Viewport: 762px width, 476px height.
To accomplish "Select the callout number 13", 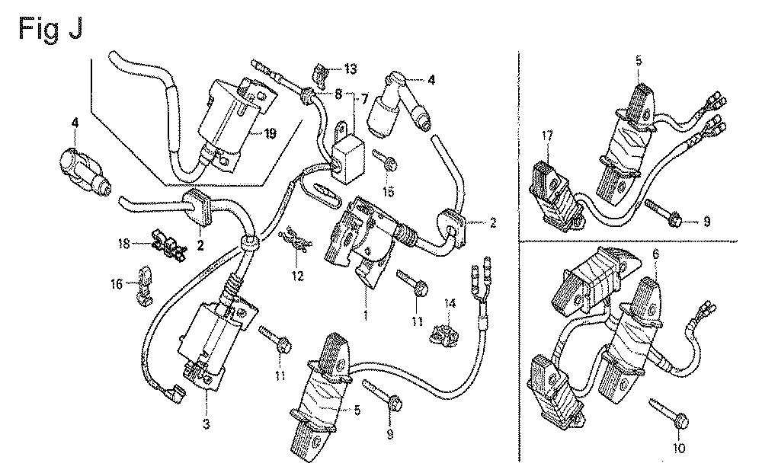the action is click(x=351, y=69).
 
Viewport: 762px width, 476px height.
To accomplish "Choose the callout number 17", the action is click(x=548, y=136).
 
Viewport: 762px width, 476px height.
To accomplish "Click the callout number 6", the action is click(x=656, y=254).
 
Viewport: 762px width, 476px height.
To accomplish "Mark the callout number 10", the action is click(x=680, y=447).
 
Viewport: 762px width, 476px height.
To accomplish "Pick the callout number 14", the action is click(x=450, y=304).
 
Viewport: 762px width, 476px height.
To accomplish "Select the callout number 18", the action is click(x=124, y=243).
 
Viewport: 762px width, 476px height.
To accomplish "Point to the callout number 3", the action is click(x=207, y=424).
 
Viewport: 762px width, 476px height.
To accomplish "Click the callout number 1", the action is click(x=366, y=317).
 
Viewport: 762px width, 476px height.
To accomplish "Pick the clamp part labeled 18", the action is click(x=168, y=244).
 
